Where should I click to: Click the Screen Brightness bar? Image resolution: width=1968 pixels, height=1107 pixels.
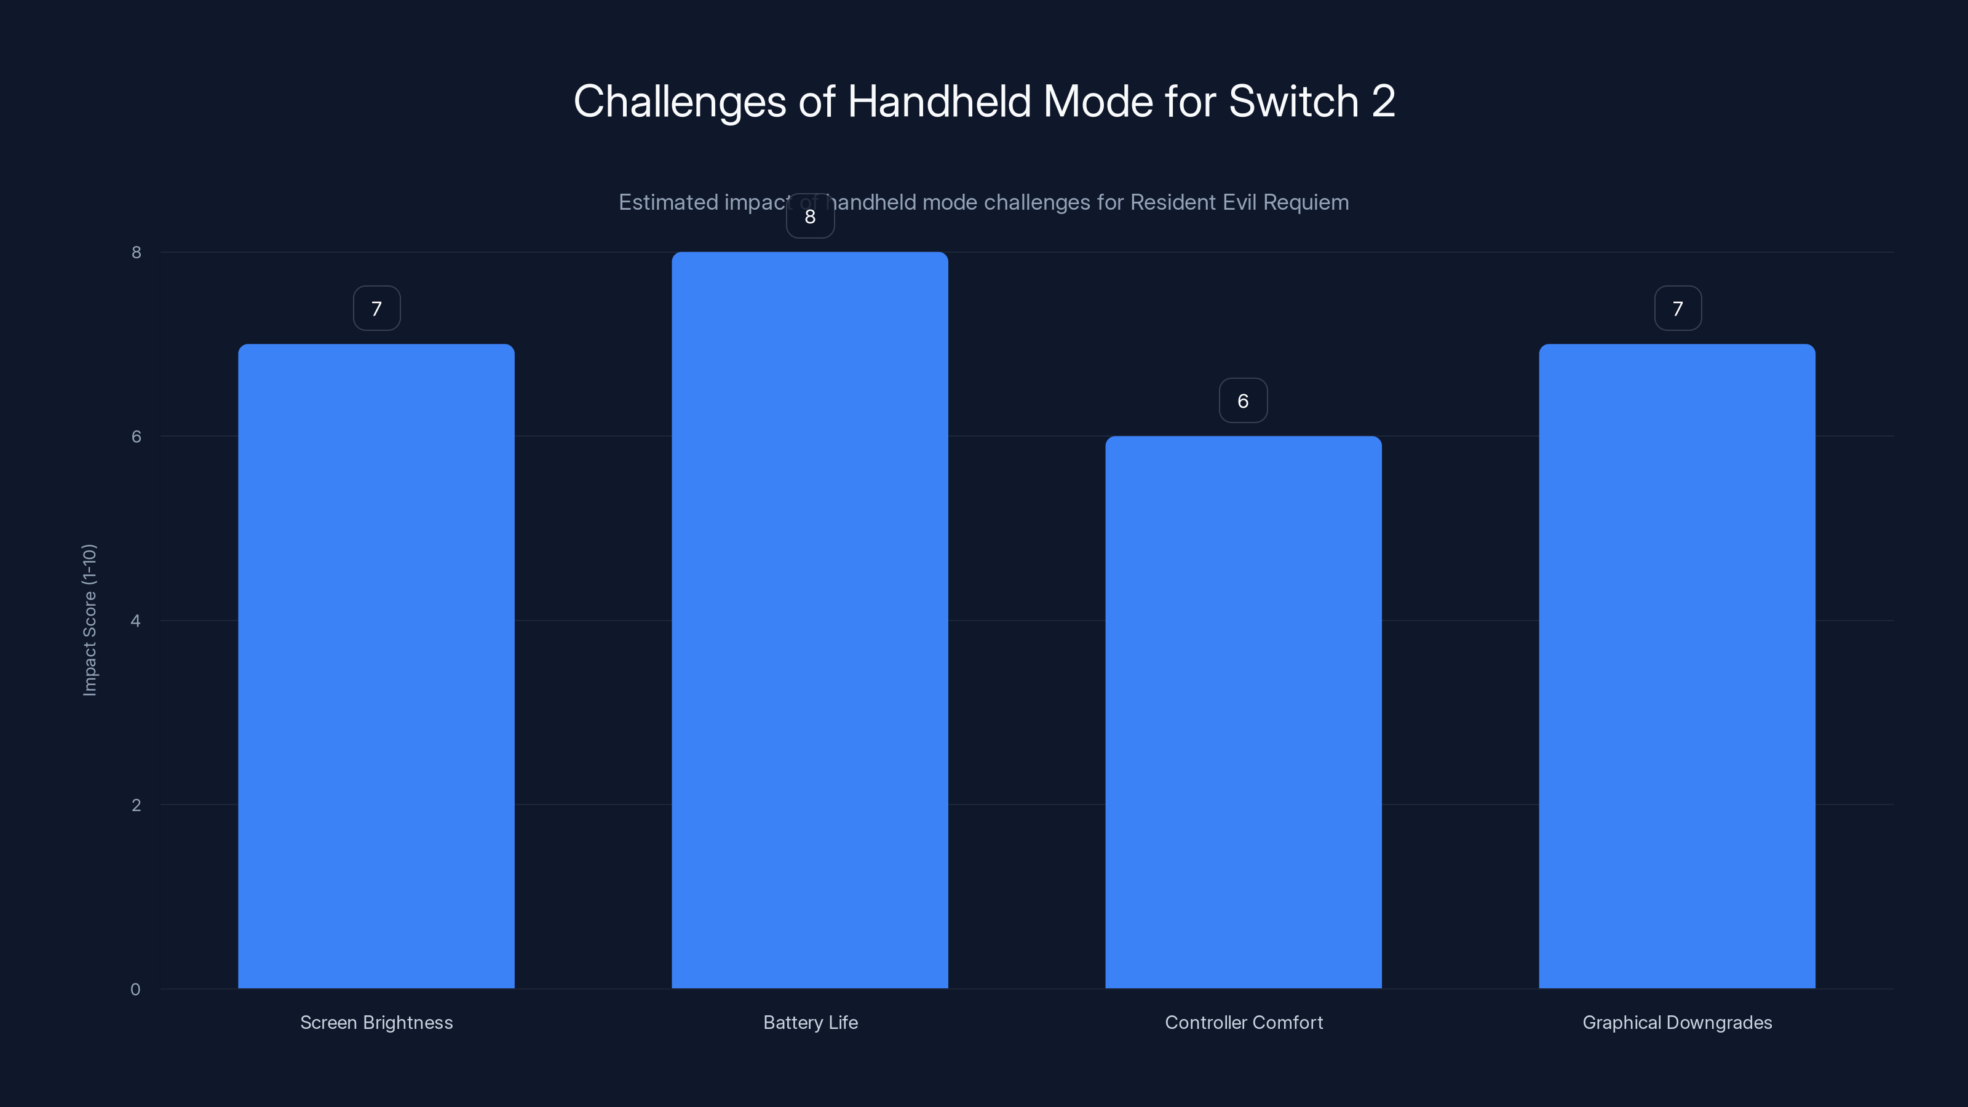click(x=376, y=665)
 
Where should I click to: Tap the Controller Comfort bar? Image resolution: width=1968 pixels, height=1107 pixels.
click(x=1243, y=712)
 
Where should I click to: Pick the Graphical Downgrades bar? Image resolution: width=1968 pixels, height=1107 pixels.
click(x=1677, y=665)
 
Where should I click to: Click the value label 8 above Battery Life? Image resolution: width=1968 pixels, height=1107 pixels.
click(x=810, y=217)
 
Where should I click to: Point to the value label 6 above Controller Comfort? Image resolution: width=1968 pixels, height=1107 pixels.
click(x=1243, y=401)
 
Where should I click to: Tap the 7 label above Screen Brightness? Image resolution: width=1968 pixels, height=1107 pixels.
click(x=376, y=309)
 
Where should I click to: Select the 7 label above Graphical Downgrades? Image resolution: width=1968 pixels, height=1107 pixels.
click(x=1678, y=309)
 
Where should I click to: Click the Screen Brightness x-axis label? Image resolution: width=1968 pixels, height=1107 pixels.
click(x=376, y=1022)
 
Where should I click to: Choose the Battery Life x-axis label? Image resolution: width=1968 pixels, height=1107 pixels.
click(x=810, y=1022)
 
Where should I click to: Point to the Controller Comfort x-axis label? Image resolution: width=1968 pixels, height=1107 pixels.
click(x=1243, y=1022)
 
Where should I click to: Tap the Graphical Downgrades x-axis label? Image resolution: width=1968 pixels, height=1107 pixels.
click(x=1677, y=1022)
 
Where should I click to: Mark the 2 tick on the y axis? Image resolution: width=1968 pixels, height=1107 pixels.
click(x=136, y=804)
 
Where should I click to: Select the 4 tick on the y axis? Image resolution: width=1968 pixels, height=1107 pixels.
click(x=136, y=621)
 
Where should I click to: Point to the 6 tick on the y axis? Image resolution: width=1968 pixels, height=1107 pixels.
click(x=136, y=436)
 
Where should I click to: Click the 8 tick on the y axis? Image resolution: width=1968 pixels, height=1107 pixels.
click(x=136, y=252)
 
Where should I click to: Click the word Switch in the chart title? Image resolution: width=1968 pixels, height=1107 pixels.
click(x=1293, y=101)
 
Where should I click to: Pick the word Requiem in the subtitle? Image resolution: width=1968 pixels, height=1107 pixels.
click(x=1306, y=202)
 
